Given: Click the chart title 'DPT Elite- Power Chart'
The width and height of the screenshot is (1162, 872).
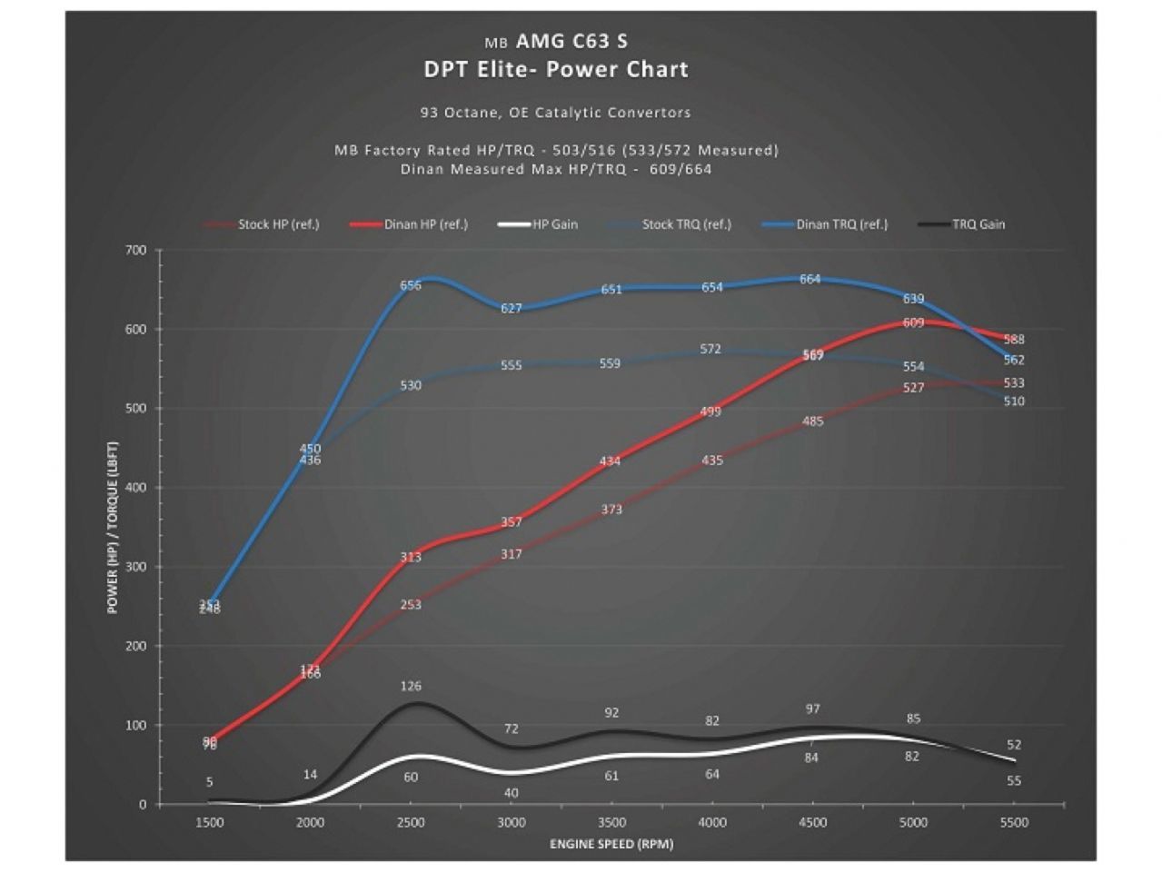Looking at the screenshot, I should pyautogui.click(x=556, y=70).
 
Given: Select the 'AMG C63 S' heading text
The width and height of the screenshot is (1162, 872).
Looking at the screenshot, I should pyautogui.click(x=571, y=41).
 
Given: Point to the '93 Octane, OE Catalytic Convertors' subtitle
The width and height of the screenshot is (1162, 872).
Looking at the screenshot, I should pyautogui.click(x=555, y=113).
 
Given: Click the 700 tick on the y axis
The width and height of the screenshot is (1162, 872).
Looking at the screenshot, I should pyautogui.click(x=135, y=250).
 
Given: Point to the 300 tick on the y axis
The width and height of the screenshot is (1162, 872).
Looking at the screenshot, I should pyautogui.click(x=135, y=567).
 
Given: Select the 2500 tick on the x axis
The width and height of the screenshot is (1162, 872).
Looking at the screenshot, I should pyautogui.click(x=411, y=822).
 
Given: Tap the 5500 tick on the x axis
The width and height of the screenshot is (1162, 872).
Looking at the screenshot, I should pyautogui.click(x=1014, y=822).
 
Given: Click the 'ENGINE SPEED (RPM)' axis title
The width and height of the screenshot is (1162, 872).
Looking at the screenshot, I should pyautogui.click(x=611, y=844).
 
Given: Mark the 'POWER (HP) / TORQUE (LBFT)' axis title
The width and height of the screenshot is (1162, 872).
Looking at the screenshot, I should pyautogui.click(x=114, y=527).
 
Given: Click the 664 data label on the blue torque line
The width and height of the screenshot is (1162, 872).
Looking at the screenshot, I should pyautogui.click(x=810, y=279).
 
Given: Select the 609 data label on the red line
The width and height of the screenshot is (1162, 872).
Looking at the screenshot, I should pyautogui.click(x=913, y=322).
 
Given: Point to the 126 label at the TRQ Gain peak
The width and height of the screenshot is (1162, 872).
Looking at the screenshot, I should pyautogui.click(x=411, y=686).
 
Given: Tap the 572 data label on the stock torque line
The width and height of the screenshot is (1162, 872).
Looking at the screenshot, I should pyautogui.click(x=710, y=349).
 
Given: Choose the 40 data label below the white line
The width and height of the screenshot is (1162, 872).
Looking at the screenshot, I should pyautogui.click(x=511, y=793).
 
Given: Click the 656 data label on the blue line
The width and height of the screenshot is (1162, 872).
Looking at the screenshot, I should pyautogui.click(x=411, y=285).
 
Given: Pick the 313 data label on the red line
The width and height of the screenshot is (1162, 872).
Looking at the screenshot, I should pyautogui.click(x=411, y=557).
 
